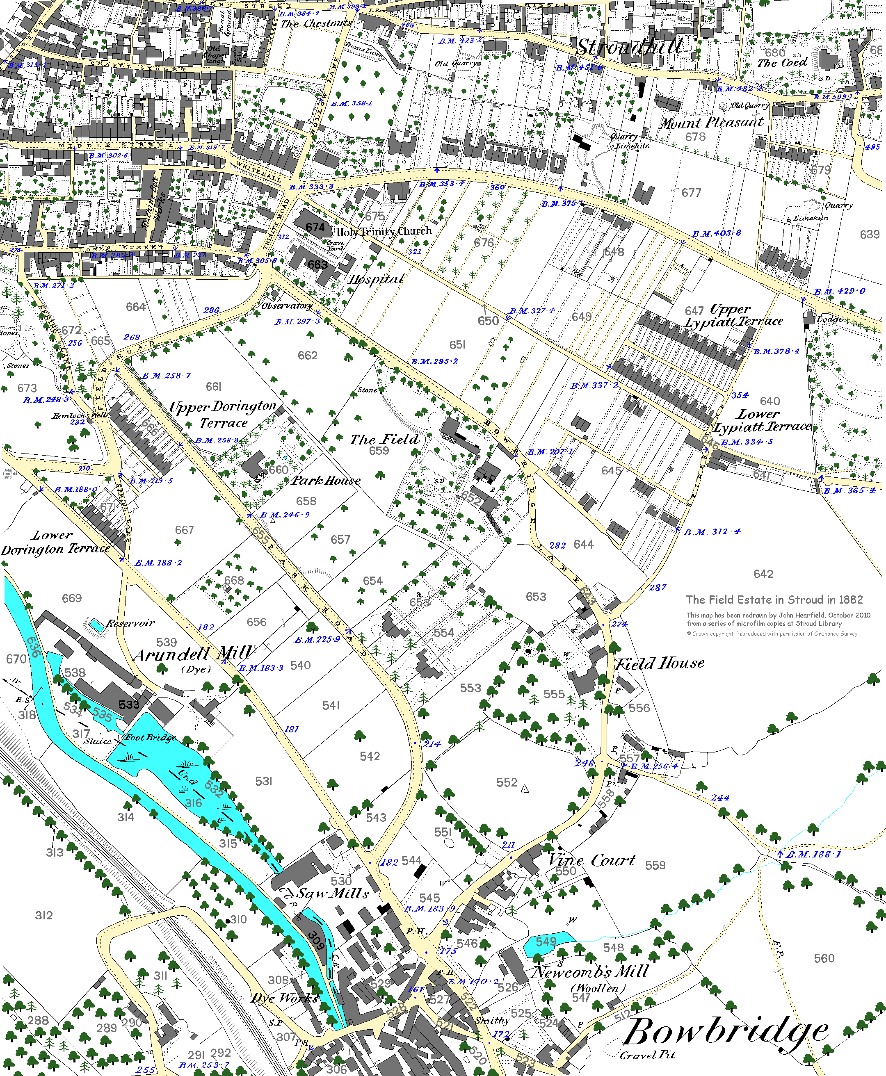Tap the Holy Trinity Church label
tap(384, 232)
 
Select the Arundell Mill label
tap(193, 654)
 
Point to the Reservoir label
tap(131, 623)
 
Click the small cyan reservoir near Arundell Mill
tap(96, 625)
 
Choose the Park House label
tap(326, 481)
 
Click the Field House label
tap(660, 663)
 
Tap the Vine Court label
tap(592, 860)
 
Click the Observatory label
tap(287, 305)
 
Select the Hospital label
tap(377, 280)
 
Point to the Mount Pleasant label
tap(711, 123)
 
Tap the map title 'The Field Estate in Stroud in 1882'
tap(774, 600)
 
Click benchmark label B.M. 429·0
tap(840, 291)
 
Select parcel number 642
tap(763, 574)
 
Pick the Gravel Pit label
tap(648, 1055)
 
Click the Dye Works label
tap(284, 998)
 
